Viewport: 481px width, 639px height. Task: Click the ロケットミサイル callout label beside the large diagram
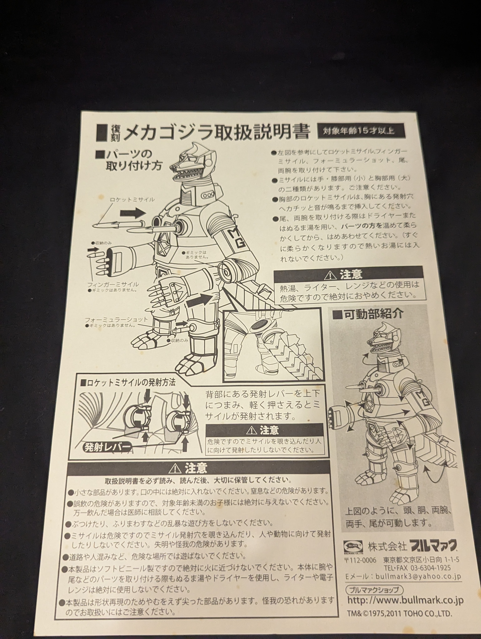pos(132,200)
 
